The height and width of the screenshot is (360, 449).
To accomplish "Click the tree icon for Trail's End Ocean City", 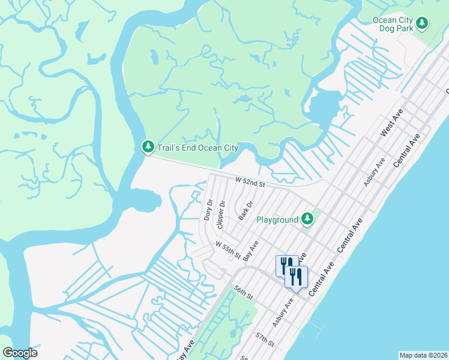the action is (x=148, y=147).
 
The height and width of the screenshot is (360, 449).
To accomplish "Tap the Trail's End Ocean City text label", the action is (x=197, y=148).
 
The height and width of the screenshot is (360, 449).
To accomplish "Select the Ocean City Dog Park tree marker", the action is (x=423, y=24).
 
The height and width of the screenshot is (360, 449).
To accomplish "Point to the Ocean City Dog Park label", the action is (x=393, y=24).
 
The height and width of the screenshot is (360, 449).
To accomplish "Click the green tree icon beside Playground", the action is (x=307, y=220).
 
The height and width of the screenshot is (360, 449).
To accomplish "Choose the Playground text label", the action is (x=277, y=220).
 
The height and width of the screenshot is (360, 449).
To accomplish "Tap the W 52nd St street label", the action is (x=250, y=181).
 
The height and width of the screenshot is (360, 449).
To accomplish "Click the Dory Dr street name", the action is (x=208, y=210).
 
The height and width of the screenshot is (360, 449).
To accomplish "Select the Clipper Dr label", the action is (x=221, y=214).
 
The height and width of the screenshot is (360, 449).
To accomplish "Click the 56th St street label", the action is (x=244, y=293).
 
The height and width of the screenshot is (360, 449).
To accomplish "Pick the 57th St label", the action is (x=265, y=339).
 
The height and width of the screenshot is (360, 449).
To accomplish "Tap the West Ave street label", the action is (x=391, y=122).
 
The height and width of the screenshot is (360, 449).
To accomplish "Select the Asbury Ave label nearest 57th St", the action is (x=283, y=313).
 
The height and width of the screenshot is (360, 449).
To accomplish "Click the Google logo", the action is (x=20, y=353).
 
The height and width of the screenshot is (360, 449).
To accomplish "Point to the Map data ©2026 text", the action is (x=423, y=355).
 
